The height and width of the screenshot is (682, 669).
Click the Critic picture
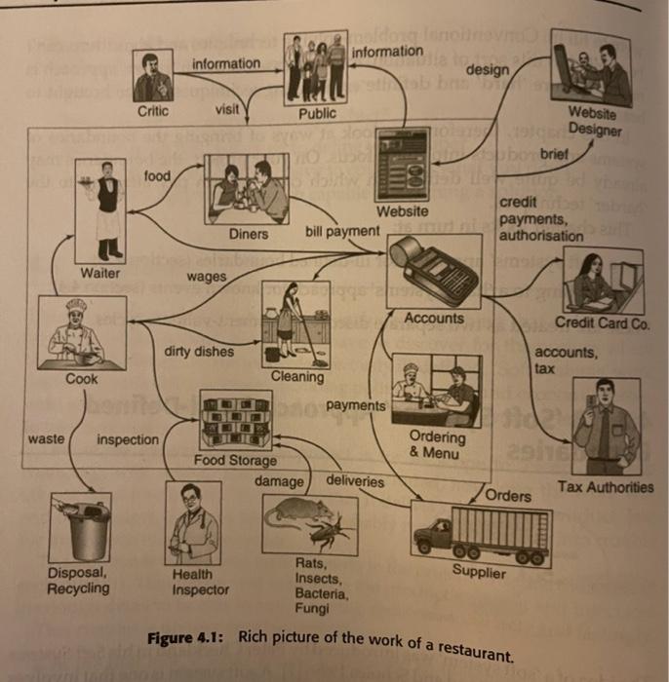point(152,75)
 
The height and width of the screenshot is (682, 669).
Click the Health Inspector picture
point(192,526)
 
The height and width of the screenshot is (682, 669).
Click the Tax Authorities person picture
point(606,426)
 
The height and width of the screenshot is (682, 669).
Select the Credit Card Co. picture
point(603,281)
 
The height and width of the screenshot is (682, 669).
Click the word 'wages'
point(206,278)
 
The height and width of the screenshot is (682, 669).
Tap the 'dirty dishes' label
point(199,351)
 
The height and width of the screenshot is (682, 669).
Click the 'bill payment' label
point(342,232)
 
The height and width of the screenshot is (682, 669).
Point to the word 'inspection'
point(127,439)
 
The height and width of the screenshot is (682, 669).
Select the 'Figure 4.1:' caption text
point(185,637)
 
